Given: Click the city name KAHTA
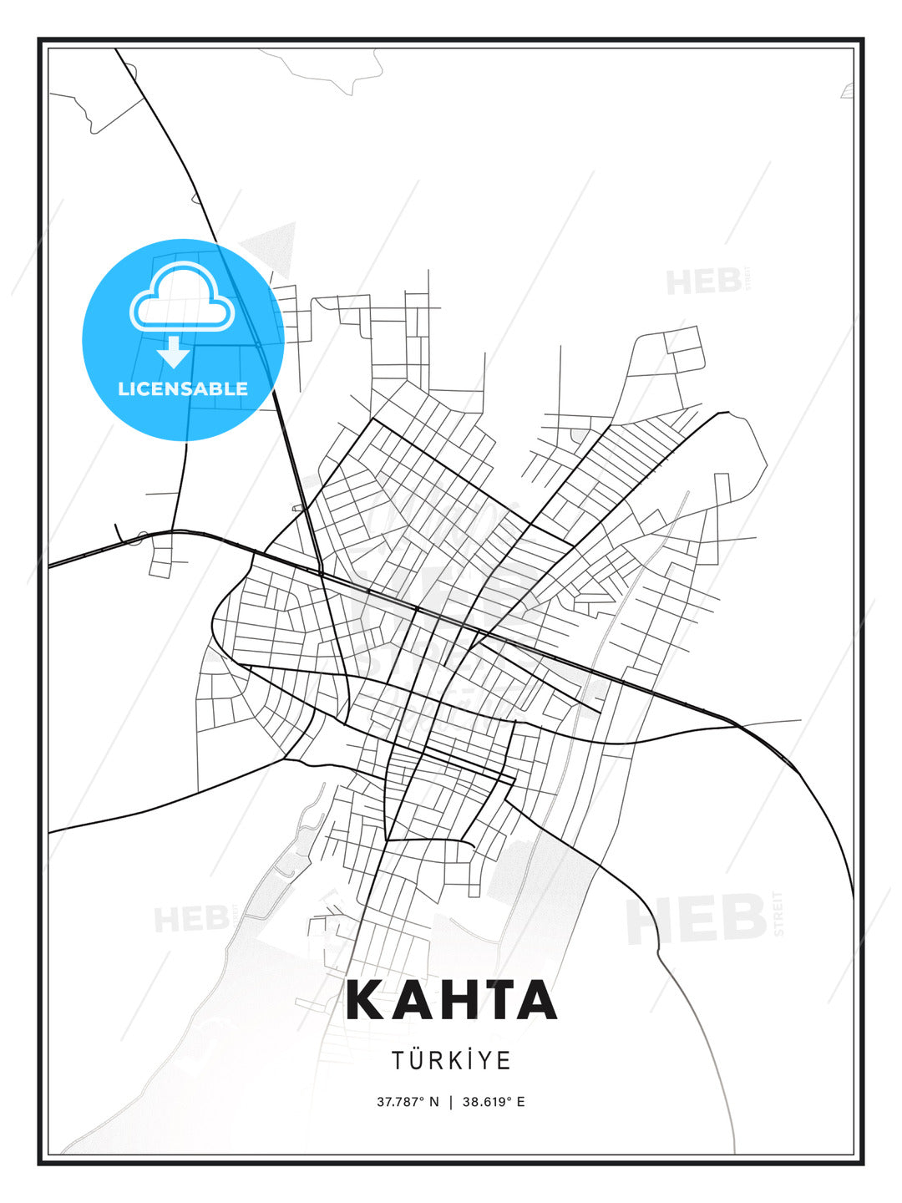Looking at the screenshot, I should coord(451,1000).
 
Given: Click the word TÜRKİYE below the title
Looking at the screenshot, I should coord(451,1061).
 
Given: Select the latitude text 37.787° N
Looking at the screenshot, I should coord(408,1102).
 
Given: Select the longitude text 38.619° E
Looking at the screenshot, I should coord(494,1102).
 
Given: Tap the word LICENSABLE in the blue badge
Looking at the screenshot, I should coord(183,388).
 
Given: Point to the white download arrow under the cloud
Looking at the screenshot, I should coord(174,352).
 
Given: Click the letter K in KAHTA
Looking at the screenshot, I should coord(367,1000).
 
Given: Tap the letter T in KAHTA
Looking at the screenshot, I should coord(494,1000).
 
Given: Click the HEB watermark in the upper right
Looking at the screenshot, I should coord(704,282).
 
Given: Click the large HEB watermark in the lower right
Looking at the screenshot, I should coord(697,919).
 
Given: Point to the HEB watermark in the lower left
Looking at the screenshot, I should coord(191,919).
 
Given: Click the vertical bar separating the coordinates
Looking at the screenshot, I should coord(451,1102).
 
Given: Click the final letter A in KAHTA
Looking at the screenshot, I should coord(535,1000).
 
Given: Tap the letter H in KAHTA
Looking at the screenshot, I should coord(450,1000).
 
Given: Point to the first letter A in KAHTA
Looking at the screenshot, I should coord(408,1000).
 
